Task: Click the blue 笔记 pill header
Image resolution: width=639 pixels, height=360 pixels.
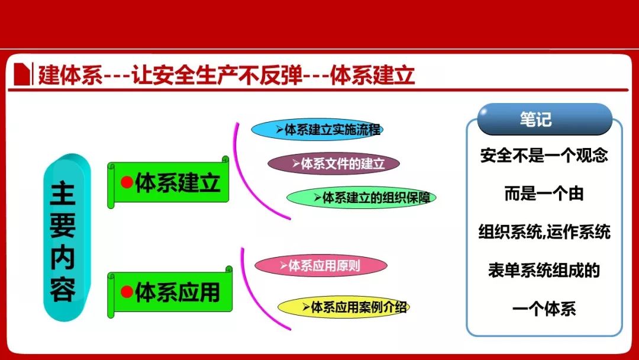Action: click(544, 119)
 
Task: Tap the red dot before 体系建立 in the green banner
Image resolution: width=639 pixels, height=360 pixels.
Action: click(127, 182)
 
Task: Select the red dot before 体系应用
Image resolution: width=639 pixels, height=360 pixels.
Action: click(127, 291)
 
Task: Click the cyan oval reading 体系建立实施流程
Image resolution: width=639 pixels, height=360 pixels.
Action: click(317, 130)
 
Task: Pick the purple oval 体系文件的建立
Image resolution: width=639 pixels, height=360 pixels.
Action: click(333, 163)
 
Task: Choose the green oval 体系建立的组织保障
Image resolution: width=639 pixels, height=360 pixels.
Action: click(362, 198)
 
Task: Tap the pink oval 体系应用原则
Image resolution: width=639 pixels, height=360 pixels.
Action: click(321, 266)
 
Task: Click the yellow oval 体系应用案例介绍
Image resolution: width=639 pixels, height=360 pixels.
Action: click(344, 307)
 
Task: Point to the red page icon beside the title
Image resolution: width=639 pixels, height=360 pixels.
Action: click(22, 74)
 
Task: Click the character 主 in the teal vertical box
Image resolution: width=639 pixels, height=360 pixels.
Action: click(63, 194)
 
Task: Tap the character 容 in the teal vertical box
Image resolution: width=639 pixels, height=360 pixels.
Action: click(63, 290)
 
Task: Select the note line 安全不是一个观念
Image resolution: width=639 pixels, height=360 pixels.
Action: click(544, 155)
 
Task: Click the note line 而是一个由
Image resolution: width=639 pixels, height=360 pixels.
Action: click(544, 194)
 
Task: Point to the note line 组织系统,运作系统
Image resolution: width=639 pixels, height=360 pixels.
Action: click(544, 232)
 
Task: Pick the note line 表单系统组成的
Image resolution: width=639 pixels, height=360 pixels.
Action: click(544, 271)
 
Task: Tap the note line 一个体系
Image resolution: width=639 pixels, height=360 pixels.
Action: click(544, 308)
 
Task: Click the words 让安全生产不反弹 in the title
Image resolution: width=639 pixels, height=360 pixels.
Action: click(217, 75)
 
